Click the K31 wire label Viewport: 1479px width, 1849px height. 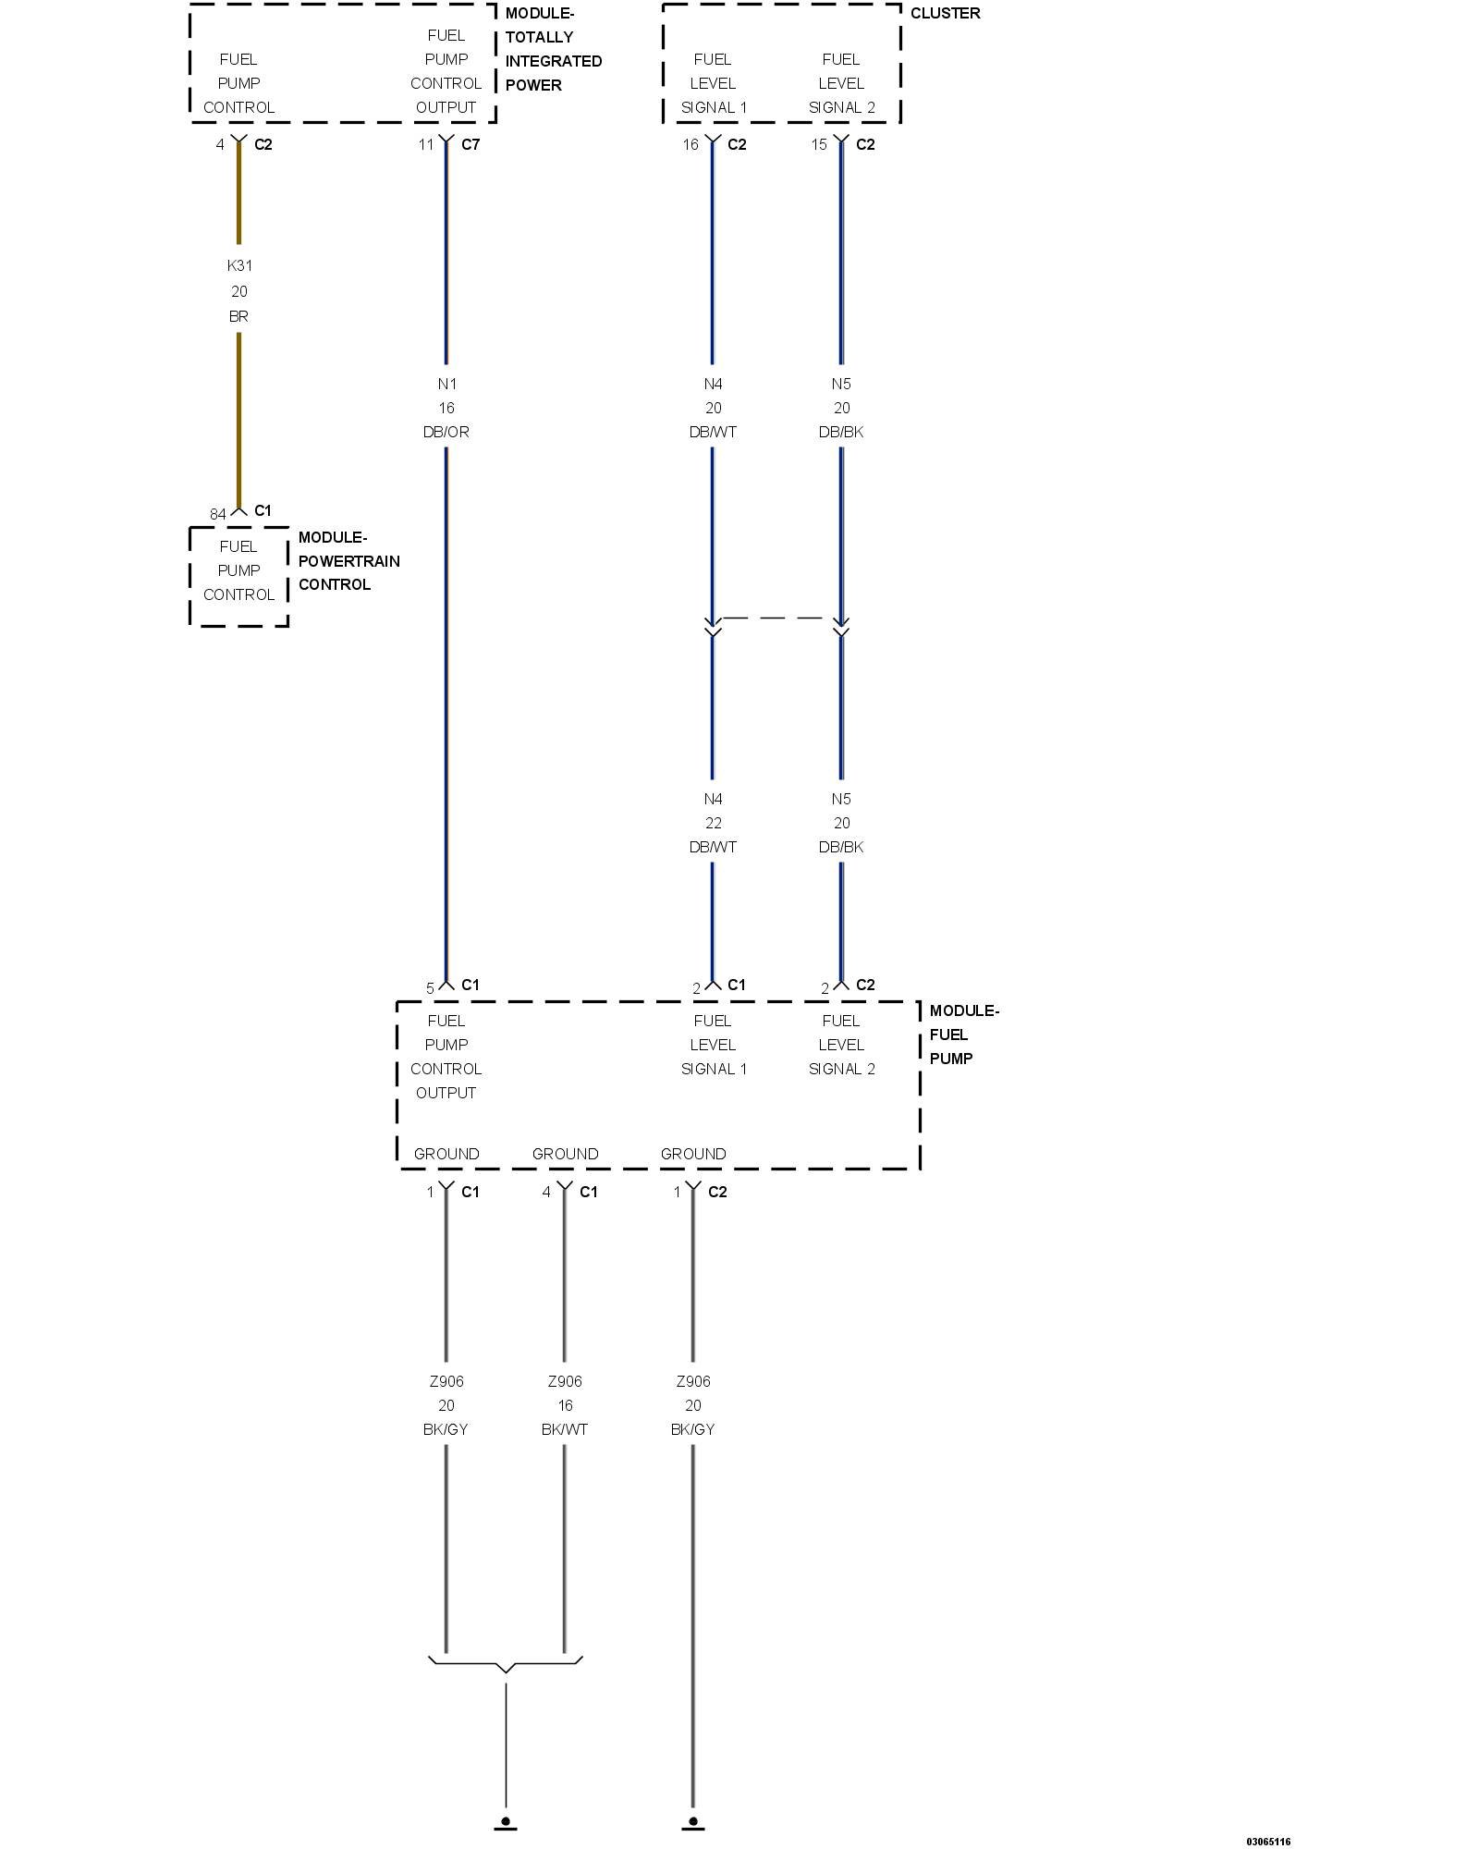239,265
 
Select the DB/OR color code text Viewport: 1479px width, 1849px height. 446,432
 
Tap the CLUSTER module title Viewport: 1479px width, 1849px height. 945,13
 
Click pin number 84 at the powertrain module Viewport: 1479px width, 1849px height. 217,514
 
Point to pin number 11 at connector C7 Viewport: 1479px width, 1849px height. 425,144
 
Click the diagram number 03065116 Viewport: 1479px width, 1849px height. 1267,1842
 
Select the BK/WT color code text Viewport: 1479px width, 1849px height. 564,1429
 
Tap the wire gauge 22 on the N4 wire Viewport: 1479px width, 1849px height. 713,823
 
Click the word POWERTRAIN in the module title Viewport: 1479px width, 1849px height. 348,561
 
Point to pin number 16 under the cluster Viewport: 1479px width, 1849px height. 691,144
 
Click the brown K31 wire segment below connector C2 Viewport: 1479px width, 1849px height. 238,194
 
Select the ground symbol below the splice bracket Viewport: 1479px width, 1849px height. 506,1822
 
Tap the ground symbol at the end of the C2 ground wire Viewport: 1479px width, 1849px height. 692,1822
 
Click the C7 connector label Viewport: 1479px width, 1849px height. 471,144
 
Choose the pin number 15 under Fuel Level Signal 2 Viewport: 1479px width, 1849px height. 819,144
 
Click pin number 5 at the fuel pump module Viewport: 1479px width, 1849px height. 430,988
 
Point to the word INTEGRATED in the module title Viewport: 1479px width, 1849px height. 553,61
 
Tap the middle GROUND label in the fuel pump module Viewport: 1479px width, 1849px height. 565,1154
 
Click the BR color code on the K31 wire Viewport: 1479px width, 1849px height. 238,316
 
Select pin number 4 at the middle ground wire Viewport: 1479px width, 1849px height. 546,1192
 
